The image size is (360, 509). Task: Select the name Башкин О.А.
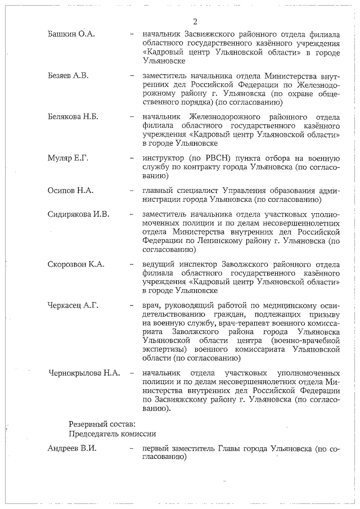click(x=71, y=35)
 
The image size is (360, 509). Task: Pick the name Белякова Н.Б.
click(x=73, y=117)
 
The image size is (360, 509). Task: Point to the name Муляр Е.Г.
click(x=68, y=158)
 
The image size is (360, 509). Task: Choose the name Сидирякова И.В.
click(x=79, y=215)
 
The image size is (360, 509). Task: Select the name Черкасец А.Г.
click(x=73, y=305)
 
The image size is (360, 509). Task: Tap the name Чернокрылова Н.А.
click(x=84, y=373)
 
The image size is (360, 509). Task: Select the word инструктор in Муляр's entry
click(x=162, y=158)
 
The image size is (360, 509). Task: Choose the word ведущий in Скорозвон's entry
click(x=159, y=264)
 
